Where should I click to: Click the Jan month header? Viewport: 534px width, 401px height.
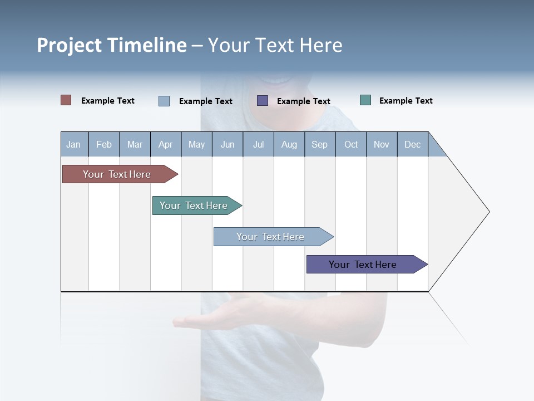(73, 144)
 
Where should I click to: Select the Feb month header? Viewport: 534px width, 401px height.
(104, 144)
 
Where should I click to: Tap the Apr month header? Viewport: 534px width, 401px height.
(165, 144)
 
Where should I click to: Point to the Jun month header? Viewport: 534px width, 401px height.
(228, 144)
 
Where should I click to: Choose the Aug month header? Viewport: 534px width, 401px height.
(289, 144)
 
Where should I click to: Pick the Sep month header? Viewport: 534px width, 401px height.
(319, 144)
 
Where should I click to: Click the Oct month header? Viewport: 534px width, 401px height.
(351, 144)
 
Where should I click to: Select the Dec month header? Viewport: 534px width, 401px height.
(412, 144)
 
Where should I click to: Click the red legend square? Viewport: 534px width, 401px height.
(66, 100)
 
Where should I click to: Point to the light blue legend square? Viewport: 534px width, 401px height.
(164, 101)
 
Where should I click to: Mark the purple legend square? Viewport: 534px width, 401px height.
(263, 100)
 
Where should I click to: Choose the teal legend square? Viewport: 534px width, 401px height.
(365, 100)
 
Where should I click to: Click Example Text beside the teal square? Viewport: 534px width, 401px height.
(406, 101)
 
